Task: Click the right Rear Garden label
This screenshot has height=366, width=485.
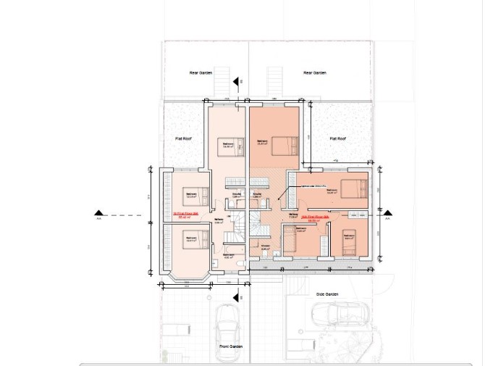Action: tap(315, 73)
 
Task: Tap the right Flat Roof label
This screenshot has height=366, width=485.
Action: tap(338, 138)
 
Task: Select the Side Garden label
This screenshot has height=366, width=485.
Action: tap(327, 294)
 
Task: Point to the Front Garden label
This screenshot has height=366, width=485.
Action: tap(231, 346)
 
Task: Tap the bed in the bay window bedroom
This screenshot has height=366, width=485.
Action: tap(195, 238)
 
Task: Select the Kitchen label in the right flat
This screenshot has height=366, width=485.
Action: tap(265, 247)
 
